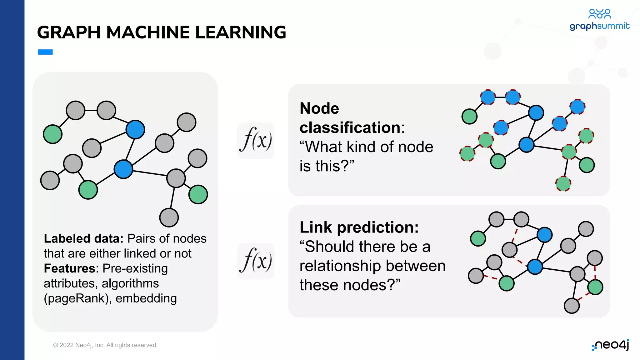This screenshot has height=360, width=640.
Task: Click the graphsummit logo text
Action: tap(599, 26)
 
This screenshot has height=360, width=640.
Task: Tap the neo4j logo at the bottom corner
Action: tap(611, 345)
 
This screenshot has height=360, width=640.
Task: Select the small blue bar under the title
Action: tap(45, 52)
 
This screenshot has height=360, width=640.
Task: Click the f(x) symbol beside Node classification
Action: tap(256, 140)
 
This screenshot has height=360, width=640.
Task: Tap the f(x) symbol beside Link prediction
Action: tap(256, 261)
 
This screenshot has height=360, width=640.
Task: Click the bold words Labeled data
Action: tap(84, 239)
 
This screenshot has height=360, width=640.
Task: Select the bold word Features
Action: tap(69, 269)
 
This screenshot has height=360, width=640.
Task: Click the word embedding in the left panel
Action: tap(146, 298)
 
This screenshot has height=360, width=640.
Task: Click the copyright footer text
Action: tap(105, 345)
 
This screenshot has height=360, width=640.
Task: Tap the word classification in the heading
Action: tap(350, 128)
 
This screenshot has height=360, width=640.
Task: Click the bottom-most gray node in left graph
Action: tap(169, 218)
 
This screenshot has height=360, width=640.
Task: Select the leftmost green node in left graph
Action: tap(52, 134)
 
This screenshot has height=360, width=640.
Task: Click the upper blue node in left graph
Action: tap(135, 129)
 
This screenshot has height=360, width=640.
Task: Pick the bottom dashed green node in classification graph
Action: tap(563, 183)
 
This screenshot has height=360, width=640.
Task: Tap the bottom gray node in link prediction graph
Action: tap(572, 306)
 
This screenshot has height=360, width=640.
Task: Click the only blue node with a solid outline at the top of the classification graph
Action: tap(536, 112)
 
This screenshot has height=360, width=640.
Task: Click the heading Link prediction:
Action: tap(359, 227)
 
